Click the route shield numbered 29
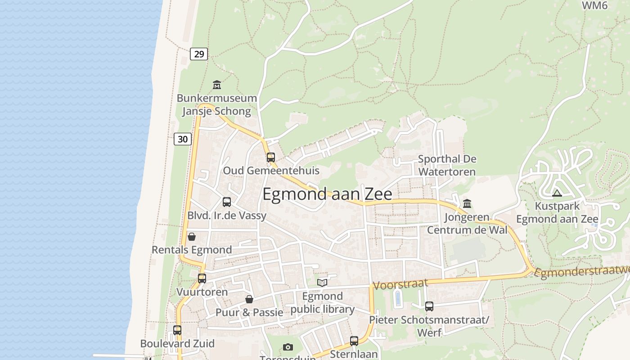198,54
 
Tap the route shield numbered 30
183,139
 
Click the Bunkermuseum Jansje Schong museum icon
217,85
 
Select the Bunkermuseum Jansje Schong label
217,104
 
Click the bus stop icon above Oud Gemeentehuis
271,157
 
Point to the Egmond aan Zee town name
327,194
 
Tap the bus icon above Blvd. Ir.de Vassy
227,202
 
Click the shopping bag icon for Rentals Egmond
192,237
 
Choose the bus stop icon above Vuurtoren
202,279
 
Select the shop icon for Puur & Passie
249,299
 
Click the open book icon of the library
322,283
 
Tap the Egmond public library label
322,303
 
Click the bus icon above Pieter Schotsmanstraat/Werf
429,306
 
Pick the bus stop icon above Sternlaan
354,341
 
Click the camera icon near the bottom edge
288,347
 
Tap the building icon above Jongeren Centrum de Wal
467,204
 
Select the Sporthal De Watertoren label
447,165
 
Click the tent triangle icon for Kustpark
557,193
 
